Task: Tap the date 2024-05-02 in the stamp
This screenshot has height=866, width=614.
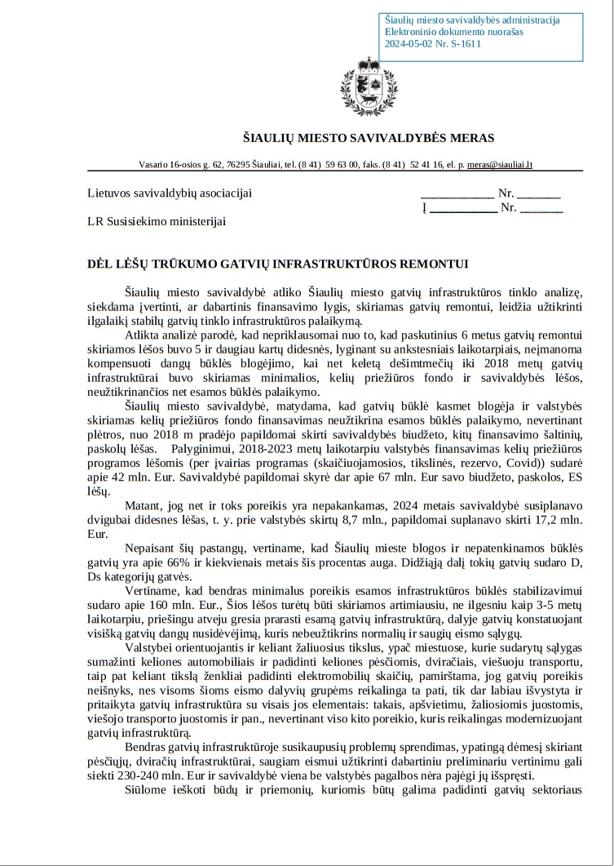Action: (409, 44)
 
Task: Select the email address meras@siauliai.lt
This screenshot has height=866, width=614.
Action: (500, 164)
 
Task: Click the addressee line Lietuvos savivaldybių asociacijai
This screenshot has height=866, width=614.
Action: (170, 193)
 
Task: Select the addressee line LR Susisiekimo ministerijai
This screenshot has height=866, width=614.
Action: (157, 220)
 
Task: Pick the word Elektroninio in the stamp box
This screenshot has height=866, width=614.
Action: (411, 32)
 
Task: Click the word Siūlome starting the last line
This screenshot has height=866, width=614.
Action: (147, 791)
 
